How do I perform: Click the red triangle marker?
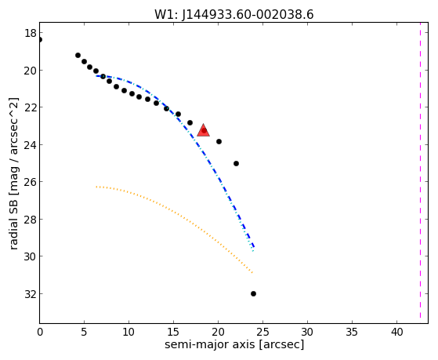(x=204, y=130)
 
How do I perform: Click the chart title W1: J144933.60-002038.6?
(x=234, y=14)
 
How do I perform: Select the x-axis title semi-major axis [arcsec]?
(x=234, y=344)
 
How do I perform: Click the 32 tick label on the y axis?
(x=31, y=294)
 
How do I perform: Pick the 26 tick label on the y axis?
(x=31, y=182)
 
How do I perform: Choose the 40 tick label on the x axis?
(x=396, y=332)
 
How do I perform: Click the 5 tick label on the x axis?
(x=84, y=332)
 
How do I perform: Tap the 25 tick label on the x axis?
(x=262, y=332)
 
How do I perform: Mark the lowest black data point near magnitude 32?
(x=253, y=293)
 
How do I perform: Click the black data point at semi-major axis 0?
(x=40, y=40)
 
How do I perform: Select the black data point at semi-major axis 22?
(x=236, y=163)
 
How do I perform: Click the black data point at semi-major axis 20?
(x=219, y=141)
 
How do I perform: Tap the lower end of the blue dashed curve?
(x=254, y=247)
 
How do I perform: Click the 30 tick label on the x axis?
(x=307, y=332)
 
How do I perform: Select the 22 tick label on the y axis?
(x=31, y=107)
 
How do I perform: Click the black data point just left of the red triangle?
(x=190, y=123)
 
